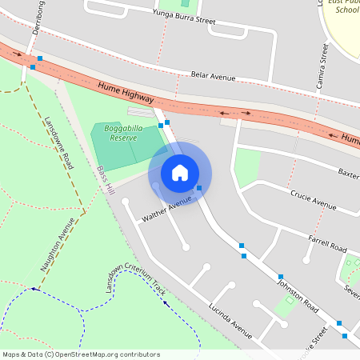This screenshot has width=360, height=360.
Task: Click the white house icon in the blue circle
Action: coord(180,173)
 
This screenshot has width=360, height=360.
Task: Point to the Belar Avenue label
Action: coord(213,76)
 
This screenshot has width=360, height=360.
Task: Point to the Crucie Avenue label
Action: coord(313,200)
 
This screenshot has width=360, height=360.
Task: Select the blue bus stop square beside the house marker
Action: coord(199,188)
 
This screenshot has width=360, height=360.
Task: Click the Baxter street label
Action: coord(348,172)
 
